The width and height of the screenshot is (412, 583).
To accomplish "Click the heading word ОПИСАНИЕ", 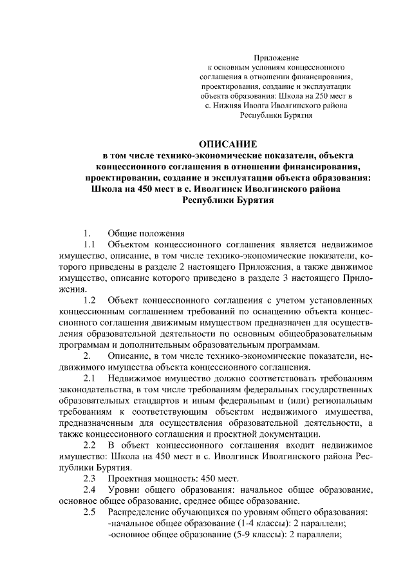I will point(228,143).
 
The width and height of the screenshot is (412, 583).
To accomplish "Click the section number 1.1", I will point(89,245).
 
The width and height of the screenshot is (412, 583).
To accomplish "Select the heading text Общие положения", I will point(146,233).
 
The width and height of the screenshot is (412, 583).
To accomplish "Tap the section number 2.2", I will point(89,445).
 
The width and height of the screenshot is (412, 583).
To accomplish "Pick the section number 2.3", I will point(89,479).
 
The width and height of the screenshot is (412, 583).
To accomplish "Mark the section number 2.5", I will point(89,512).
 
